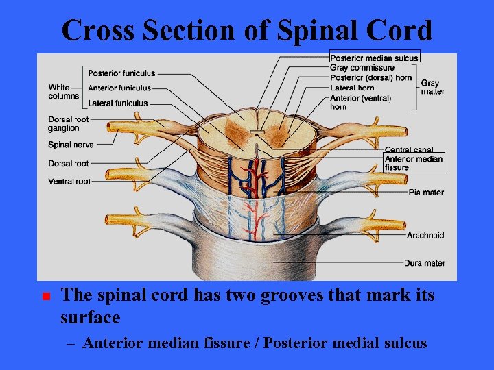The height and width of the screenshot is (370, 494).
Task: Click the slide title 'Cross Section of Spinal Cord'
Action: click(x=247, y=31)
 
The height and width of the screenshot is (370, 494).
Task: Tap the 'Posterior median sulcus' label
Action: click(x=375, y=58)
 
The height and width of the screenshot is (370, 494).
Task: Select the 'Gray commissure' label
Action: click(x=362, y=68)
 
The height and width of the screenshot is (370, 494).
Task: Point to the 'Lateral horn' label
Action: click(x=352, y=88)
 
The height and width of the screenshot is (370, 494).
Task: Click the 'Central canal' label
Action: click(x=408, y=149)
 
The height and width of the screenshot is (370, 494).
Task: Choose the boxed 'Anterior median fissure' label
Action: click(x=414, y=163)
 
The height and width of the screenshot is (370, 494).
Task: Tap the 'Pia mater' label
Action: click(x=426, y=193)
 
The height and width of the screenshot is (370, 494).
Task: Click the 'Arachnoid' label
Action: click(x=425, y=235)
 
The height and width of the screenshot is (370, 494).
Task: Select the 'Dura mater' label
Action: click(x=425, y=263)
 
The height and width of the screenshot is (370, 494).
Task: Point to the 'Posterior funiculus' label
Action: click(x=121, y=73)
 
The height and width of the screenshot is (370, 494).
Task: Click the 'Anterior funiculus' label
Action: click(x=119, y=88)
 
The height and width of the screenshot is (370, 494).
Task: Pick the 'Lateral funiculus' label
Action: click(x=118, y=103)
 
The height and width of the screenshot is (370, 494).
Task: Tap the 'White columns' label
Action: click(x=64, y=92)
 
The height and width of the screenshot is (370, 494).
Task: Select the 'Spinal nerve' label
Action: click(x=71, y=145)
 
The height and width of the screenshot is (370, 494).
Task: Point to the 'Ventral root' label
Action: click(x=70, y=182)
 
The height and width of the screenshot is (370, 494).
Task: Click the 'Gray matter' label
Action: click(x=432, y=87)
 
